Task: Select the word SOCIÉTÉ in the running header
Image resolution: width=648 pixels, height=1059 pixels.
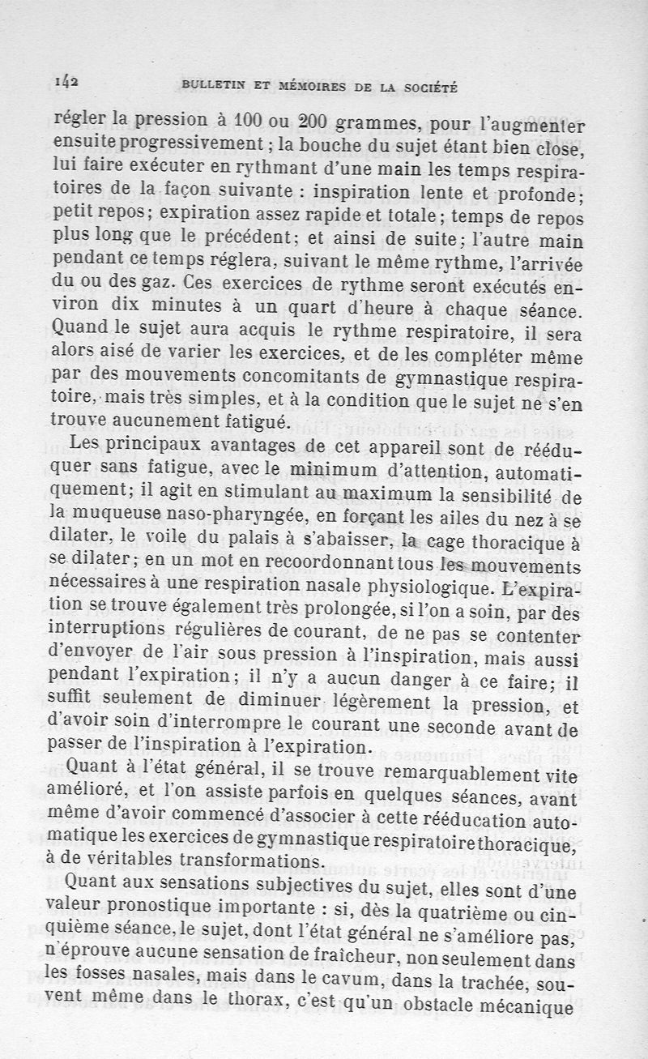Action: point(430,85)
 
